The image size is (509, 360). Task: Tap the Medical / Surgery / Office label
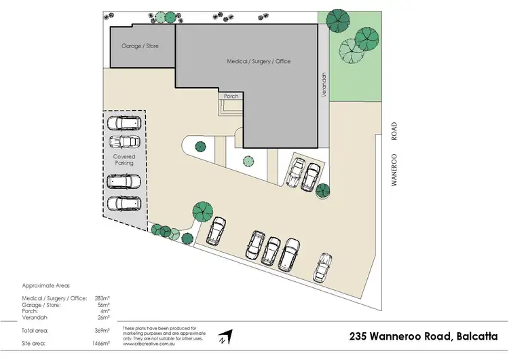coord(259,61)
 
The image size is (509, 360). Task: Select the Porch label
coord(231,96)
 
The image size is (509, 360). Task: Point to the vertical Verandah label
coord(325,86)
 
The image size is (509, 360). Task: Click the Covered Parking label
coord(124,160)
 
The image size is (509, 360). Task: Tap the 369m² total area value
coord(103,331)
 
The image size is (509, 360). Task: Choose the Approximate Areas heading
coord(46,286)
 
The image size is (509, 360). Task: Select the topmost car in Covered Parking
coord(124,123)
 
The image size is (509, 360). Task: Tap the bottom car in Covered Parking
coord(124,202)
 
